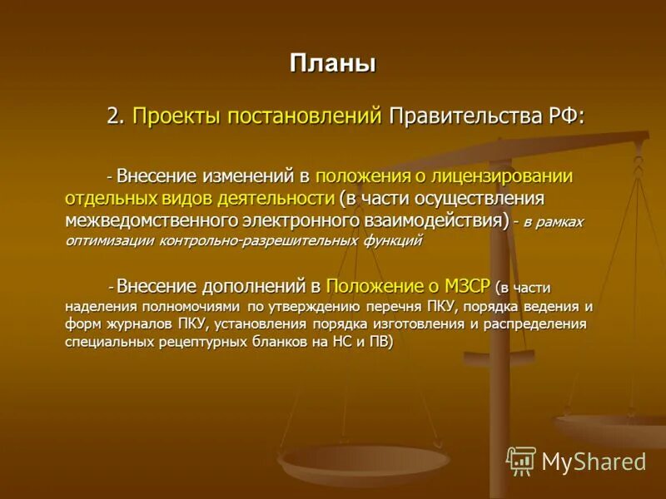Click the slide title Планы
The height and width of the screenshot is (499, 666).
pos(332,63)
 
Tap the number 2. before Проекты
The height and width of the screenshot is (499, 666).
pos(115,116)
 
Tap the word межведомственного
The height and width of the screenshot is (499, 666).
pos(153,220)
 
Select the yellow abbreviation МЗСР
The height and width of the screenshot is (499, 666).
pos(468,287)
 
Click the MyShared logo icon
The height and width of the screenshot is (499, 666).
pos(521,461)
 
